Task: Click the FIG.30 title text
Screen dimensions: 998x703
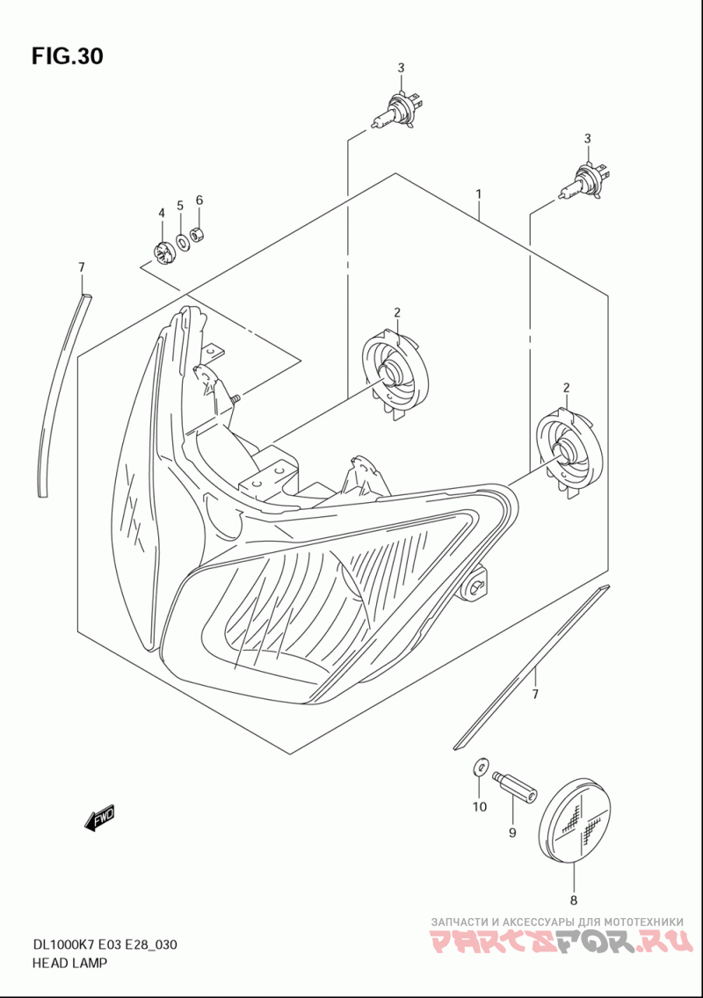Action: click(68, 56)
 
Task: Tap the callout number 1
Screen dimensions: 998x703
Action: click(478, 193)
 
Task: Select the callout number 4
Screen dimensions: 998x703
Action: click(162, 214)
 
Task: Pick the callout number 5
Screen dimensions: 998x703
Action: click(180, 206)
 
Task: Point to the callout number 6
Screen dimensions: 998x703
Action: click(199, 200)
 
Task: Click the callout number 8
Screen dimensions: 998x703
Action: click(573, 900)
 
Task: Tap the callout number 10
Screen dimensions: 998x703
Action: click(479, 806)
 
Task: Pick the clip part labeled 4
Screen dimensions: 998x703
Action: click(163, 252)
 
